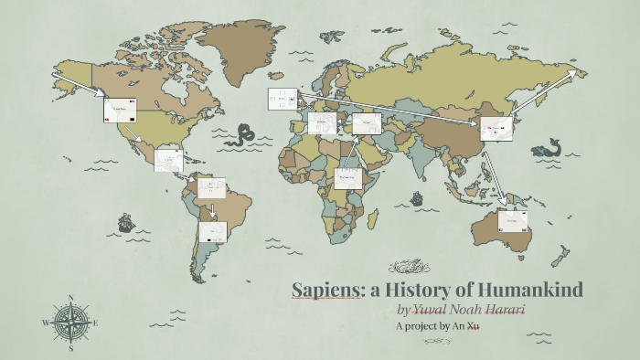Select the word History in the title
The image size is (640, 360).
428,291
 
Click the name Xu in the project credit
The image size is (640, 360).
473,326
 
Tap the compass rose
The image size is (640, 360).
70,322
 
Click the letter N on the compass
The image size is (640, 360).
71,297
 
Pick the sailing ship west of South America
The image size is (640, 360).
124,222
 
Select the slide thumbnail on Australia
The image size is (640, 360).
513,222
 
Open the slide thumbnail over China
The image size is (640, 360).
494,130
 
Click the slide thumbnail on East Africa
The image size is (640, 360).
349,177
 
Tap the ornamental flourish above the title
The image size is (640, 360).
409,268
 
